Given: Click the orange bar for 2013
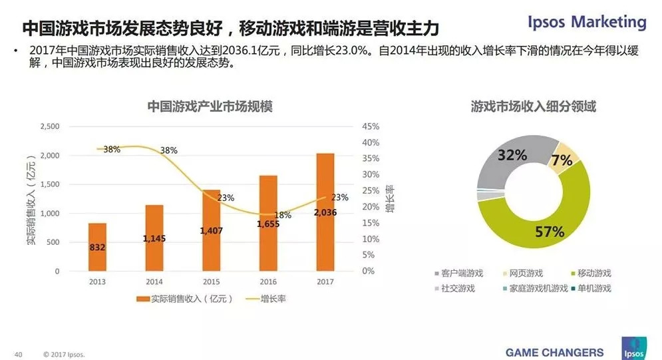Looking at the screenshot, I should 97,247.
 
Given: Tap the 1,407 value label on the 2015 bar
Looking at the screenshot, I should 211,230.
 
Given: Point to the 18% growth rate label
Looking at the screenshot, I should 283,215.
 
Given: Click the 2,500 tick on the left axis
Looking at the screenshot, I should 51,126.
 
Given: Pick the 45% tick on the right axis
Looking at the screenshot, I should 371,126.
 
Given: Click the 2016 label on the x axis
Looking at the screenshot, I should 268,281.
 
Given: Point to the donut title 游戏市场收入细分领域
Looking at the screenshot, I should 533,106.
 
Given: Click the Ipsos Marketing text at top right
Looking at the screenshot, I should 586,22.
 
